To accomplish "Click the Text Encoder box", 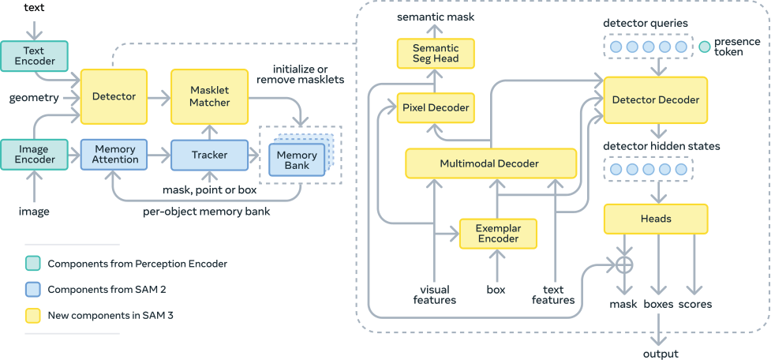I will coord(34,54).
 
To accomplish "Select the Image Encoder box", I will coord(34,154).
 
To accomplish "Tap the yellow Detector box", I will coord(114,96).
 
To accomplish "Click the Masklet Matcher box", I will coord(210,96).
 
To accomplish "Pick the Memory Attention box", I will coord(115,154).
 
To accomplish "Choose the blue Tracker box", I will coord(210,155).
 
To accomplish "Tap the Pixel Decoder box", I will coord(436,107).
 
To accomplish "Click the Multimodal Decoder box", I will coord(490,163).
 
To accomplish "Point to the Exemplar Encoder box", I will coord(498,233).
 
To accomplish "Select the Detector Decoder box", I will coord(655,100).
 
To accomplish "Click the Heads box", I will coord(655,219).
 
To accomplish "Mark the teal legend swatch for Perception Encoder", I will coord(32,263).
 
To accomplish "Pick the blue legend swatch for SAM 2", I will coord(32,290).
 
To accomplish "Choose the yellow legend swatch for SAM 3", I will coord(32,317).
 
